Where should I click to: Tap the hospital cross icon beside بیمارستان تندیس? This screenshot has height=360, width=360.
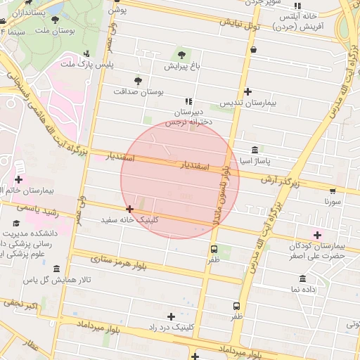tap(247, 91)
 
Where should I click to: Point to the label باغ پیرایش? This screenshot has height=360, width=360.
tap(183, 66)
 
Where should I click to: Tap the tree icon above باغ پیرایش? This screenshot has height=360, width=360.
tap(182, 54)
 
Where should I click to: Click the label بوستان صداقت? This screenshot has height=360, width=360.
tap(138, 91)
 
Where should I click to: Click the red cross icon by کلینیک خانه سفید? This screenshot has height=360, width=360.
tap(129, 209)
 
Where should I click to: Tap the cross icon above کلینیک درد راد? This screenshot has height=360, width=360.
tap(171, 316)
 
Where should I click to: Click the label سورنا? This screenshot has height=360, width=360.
tap(333, 201)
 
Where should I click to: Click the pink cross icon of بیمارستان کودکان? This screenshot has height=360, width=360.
tap(317, 235)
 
